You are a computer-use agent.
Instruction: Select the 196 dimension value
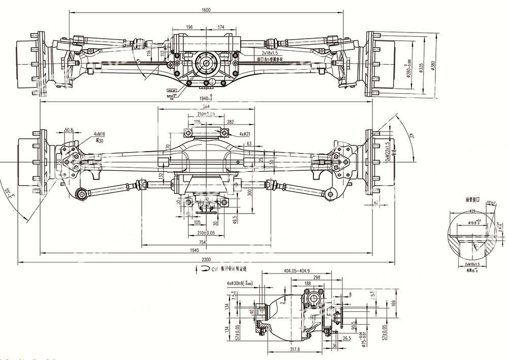tap(189, 27)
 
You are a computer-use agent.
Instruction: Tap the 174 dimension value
tap(221, 27)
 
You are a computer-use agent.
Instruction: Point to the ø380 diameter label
tap(433, 66)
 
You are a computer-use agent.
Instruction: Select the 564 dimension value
tap(206, 106)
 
